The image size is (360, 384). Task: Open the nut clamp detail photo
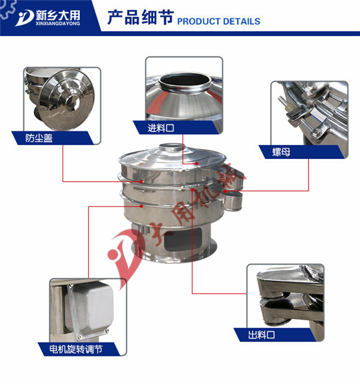pos(310,114)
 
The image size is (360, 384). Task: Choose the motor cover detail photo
pos(88,310)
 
